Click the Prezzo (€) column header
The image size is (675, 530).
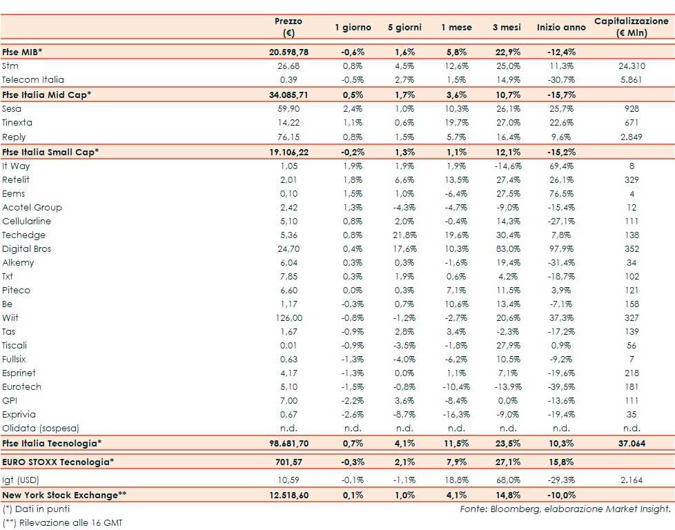[288, 28]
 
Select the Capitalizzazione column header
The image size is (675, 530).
[632, 28]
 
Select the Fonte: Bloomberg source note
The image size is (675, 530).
[565, 509]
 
